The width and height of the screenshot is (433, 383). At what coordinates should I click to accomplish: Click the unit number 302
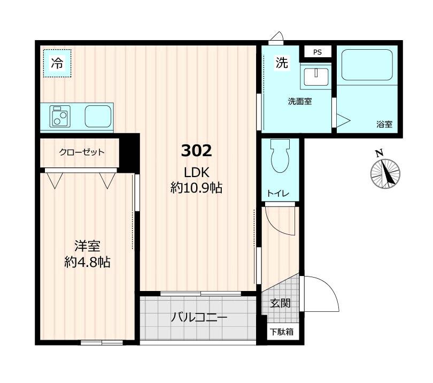[x=197, y=151]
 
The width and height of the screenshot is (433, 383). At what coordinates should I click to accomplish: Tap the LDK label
[x=196, y=172]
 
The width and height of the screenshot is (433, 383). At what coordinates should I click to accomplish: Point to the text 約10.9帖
[x=196, y=188]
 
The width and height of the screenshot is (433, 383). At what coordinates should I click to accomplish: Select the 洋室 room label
[x=87, y=247]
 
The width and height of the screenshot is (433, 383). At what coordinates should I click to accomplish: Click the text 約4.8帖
[x=87, y=263]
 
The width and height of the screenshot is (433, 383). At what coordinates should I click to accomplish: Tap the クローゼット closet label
[x=81, y=152]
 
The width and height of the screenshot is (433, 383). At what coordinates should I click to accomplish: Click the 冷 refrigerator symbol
[x=57, y=63]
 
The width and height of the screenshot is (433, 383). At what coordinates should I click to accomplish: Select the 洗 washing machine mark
[x=281, y=63]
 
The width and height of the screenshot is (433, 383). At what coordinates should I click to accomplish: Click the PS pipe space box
[x=318, y=52]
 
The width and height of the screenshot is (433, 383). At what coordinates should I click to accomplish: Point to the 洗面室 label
[x=300, y=102]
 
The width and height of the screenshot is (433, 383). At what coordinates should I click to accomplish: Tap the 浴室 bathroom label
[x=384, y=125]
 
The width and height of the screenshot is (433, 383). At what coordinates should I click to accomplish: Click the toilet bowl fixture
[x=280, y=156]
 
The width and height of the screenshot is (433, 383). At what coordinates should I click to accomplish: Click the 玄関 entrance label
[x=280, y=303]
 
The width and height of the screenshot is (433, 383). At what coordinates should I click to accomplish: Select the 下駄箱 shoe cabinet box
[x=281, y=332]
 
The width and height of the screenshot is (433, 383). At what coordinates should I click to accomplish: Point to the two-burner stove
[x=60, y=116]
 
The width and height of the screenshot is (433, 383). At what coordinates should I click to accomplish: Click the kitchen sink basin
[x=97, y=116]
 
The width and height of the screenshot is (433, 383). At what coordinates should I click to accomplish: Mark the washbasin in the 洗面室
[x=315, y=77]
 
